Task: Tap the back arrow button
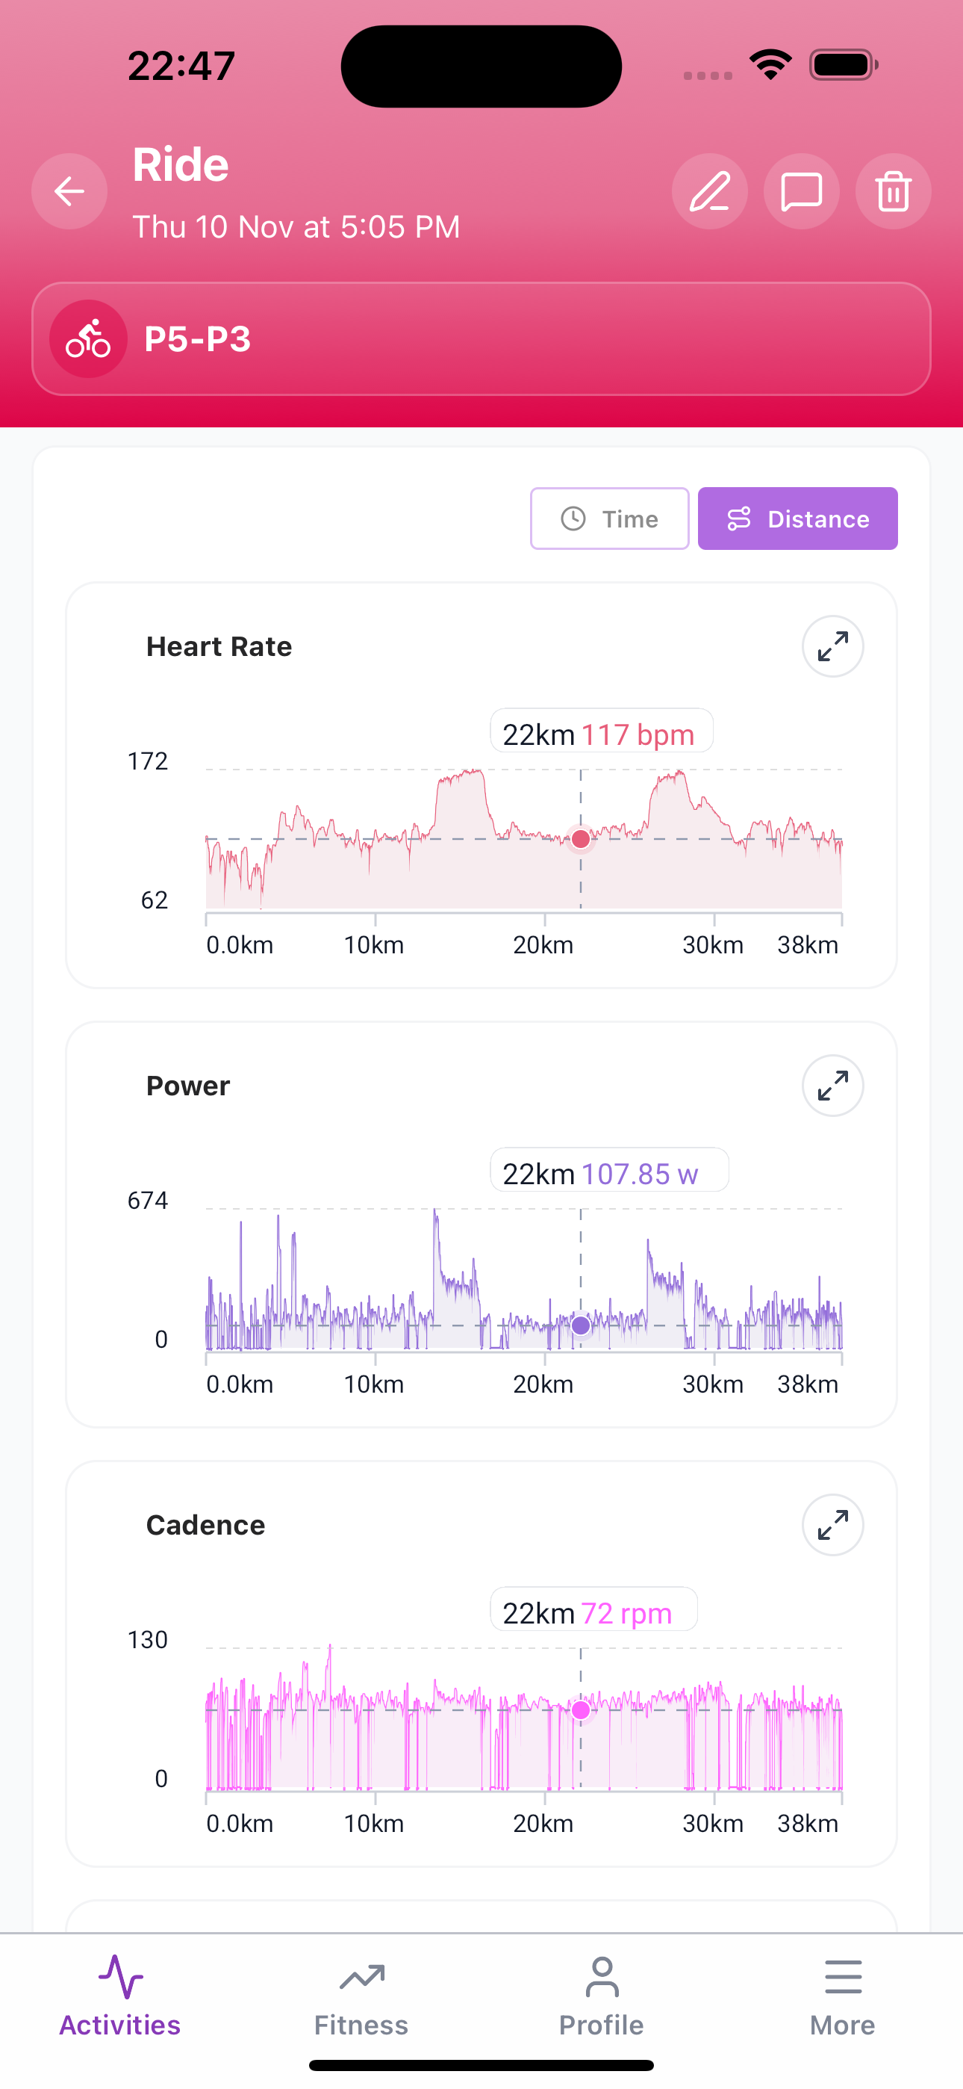click(x=69, y=191)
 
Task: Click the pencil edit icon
click(x=709, y=191)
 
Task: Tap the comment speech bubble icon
click(x=801, y=191)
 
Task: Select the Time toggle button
click(x=610, y=519)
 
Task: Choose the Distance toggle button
click(x=797, y=519)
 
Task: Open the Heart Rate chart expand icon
click(x=832, y=646)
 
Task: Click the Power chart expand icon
click(x=832, y=1085)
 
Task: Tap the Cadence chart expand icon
click(x=832, y=1525)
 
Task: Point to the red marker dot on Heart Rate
click(x=580, y=839)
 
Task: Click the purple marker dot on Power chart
click(x=580, y=1325)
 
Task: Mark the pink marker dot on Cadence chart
click(x=580, y=1709)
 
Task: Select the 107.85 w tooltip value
click(x=640, y=1174)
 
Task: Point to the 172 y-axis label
click(x=148, y=761)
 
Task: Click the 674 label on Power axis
click(x=148, y=1200)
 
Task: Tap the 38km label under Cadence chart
click(x=808, y=1824)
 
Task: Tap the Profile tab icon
click(x=602, y=1978)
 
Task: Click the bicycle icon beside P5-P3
click(x=88, y=339)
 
